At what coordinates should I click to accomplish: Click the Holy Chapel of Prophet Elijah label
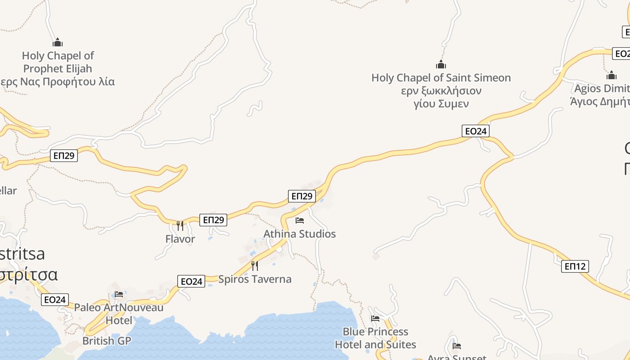click(58, 62)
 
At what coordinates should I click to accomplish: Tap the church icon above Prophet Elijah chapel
click(58, 43)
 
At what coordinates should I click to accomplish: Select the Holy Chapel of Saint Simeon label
click(441, 78)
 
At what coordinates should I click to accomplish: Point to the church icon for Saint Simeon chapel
click(441, 64)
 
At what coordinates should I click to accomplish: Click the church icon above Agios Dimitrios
click(611, 75)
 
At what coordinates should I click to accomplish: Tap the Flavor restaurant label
click(180, 239)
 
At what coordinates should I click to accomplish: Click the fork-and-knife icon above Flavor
click(180, 225)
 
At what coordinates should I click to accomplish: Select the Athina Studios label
click(299, 234)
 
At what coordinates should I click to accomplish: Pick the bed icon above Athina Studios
click(300, 220)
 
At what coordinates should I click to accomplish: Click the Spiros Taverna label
click(255, 279)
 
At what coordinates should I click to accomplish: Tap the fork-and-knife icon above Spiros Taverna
click(255, 265)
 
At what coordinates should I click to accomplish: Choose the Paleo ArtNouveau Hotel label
click(119, 314)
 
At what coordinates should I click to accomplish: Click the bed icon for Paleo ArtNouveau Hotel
click(119, 294)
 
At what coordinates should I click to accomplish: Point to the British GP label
click(107, 341)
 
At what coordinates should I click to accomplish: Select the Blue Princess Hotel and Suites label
click(375, 338)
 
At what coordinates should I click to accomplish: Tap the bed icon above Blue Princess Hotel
click(375, 319)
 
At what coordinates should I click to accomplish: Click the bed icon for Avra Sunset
click(457, 346)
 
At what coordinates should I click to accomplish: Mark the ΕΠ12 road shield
click(575, 266)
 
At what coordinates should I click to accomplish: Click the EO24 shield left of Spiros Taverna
click(191, 282)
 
